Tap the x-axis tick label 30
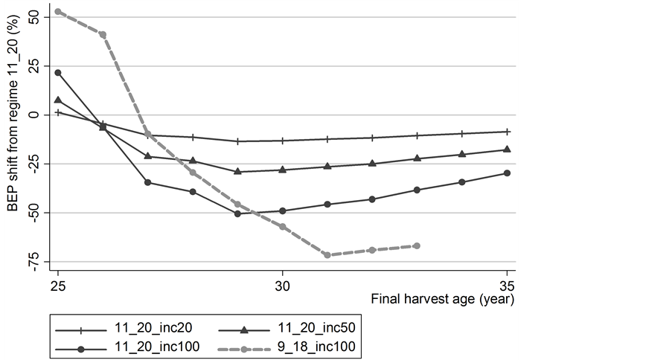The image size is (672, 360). point(282,286)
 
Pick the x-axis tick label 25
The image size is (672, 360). point(57,286)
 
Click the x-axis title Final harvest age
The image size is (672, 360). point(444,300)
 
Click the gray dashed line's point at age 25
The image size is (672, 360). point(58,11)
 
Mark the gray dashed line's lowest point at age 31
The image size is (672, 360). point(327,255)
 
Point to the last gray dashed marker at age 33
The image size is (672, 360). point(417,245)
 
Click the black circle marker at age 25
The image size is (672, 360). point(58,72)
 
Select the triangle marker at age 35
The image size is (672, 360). point(507,150)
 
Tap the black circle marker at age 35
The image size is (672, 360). point(507,173)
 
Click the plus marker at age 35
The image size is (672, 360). point(507,132)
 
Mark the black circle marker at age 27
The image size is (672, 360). point(147,182)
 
